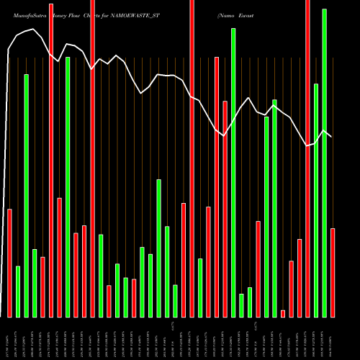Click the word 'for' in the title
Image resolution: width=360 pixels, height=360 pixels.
[x=115, y=14]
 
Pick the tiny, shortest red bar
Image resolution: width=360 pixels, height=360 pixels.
[x=283, y=313]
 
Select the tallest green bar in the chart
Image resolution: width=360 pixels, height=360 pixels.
[x=324, y=163]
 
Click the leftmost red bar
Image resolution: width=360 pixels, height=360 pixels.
[x=9, y=263]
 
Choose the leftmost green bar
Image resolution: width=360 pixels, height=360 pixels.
[x=18, y=292]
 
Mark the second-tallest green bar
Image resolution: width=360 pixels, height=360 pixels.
[x=233, y=173]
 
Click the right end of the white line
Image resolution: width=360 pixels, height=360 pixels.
[x=331, y=137]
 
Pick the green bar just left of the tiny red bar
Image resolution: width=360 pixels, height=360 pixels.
[x=274, y=208]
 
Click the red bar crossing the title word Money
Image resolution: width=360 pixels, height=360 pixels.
[x=51, y=158]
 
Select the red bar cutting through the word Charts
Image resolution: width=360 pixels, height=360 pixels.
[x=93, y=158]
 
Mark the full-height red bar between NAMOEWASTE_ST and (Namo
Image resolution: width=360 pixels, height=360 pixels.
[x=192, y=158]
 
